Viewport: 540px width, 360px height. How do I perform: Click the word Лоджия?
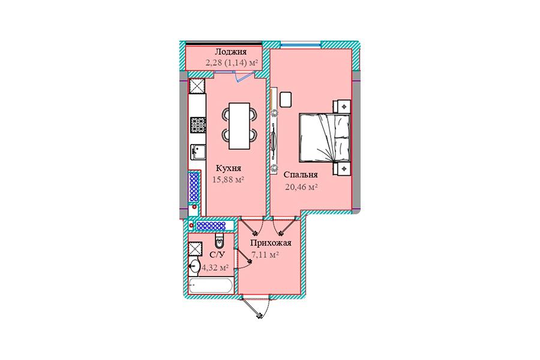tap(230, 52)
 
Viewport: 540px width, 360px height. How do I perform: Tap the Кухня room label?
tap(229, 169)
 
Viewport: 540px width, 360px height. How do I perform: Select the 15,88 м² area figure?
tap(229, 179)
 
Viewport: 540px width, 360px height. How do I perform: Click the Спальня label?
tap(301, 175)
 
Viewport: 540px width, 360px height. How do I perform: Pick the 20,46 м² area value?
tap(301, 187)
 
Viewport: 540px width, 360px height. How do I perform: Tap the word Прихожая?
tap(271, 243)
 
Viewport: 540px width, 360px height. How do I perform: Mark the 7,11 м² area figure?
tap(265, 255)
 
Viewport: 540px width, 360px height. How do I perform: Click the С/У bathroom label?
tap(217, 255)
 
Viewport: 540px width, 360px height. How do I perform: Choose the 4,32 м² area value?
tap(215, 268)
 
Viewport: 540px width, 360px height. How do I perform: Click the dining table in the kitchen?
tap(239, 126)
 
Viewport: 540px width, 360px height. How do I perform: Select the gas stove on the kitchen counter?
tap(198, 125)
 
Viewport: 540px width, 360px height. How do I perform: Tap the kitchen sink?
tap(198, 152)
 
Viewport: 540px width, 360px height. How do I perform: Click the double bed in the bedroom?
tap(325, 138)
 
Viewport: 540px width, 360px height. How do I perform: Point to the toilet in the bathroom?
tap(220, 241)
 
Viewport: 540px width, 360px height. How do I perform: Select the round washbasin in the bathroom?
tap(194, 266)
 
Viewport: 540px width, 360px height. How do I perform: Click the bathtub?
tap(211, 286)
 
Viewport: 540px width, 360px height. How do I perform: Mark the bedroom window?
tap(301, 44)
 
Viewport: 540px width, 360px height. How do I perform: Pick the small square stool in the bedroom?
tap(286, 100)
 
